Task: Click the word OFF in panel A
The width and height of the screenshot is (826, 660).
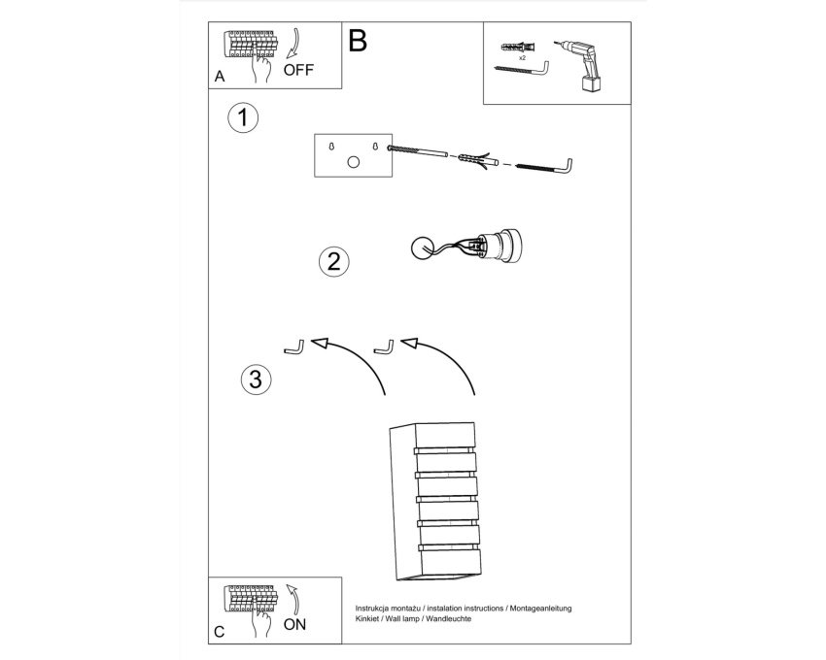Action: click(x=298, y=70)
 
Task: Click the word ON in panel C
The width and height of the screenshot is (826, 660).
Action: click(x=294, y=625)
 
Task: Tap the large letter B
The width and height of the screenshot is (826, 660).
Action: click(x=358, y=40)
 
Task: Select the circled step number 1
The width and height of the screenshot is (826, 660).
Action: click(x=243, y=117)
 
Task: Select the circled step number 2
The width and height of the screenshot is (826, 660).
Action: click(x=334, y=262)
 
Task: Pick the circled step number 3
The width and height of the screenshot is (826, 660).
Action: click(x=256, y=379)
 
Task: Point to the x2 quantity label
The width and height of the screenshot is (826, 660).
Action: click(x=522, y=58)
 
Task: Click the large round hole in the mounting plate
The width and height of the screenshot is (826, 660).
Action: click(x=354, y=162)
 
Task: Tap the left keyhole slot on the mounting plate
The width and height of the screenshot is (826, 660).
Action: click(x=331, y=147)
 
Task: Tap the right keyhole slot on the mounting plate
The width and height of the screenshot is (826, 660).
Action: click(x=375, y=146)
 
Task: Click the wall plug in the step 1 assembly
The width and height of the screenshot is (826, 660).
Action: click(x=478, y=160)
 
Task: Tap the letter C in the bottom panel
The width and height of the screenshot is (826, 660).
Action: click(x=220, y=632)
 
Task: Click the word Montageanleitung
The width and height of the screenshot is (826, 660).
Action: click(x=540, y=609)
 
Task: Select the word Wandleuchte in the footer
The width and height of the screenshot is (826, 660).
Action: click(x=448, y=619)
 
